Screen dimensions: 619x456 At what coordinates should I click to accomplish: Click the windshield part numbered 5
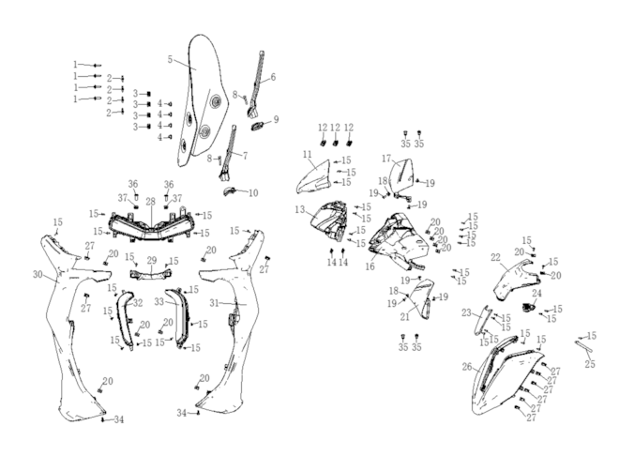(x=203, y=100)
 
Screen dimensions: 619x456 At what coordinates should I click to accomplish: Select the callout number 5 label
(x=170, y=59)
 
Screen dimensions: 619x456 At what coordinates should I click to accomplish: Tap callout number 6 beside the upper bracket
(x=273, y=77)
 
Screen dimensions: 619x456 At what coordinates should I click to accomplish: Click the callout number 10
(x=253, y=192)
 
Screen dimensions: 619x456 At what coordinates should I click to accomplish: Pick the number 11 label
(x=308, y=155)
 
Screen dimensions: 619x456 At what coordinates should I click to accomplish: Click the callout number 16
(x=370, y=266)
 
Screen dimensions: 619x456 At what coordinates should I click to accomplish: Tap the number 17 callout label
(x=386, y=159)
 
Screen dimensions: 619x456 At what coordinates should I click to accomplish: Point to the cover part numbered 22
(x=516, y=281)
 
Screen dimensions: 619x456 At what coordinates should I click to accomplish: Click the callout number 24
(x=536, y=293)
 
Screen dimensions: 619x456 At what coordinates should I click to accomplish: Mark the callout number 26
(x=467, y=367)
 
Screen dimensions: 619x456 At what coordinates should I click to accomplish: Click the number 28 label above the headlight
(x=150, y=202)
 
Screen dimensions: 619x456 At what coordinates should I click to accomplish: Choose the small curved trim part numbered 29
(x=152, y=273)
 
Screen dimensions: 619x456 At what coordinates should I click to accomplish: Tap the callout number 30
(x=38, y=274)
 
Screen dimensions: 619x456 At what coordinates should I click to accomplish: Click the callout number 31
(x=214, y=303)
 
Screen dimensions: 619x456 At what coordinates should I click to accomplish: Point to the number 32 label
(x=138, y=303)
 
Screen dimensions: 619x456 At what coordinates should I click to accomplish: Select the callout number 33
(x=159, y=301)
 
